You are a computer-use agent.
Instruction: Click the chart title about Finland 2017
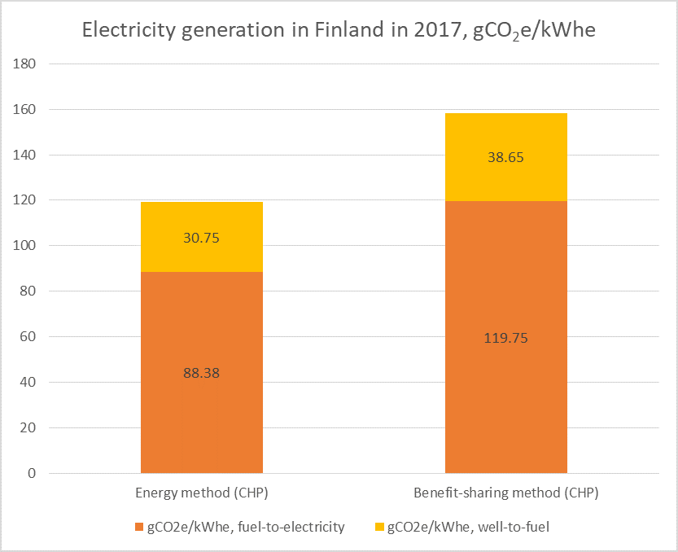point(339,31)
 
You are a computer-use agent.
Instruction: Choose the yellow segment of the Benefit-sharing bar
point(506,138)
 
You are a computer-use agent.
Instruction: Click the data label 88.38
point(202,373)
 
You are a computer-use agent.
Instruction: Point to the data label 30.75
point(202,239)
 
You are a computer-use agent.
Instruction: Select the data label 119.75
point(506,338)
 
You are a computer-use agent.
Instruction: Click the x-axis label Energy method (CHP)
point(202,493)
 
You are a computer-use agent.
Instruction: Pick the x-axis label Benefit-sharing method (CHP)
point(506,493)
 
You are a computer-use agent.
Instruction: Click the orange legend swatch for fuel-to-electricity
point(138,528)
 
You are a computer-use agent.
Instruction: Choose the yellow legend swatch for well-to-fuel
point(378,528)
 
